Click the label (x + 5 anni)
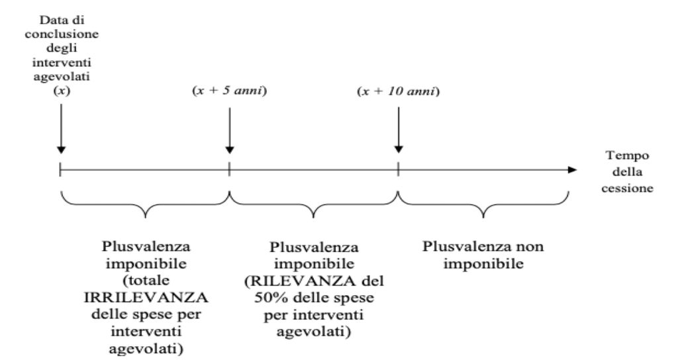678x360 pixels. click(229, 91)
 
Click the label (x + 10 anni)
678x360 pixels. click(398, 91)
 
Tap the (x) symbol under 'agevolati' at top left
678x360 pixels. click(62, 91)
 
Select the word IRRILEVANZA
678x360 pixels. click(146, 297)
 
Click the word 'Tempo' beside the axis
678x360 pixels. click(627, 156)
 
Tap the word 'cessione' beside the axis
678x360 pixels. click(627, 189)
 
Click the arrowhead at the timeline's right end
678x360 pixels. click(572, 170)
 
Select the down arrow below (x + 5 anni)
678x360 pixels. click(230, 130)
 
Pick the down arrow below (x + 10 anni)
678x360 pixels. click(398, 130)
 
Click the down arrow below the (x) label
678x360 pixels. click(62, 128)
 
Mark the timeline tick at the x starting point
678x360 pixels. click(60, 169)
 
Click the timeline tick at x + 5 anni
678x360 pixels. click(229, 169)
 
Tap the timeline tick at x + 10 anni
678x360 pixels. click(398, 169)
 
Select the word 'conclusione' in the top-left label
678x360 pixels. click(62, 34)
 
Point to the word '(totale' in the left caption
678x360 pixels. click(146, 281)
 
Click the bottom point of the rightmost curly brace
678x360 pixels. click(483, 217)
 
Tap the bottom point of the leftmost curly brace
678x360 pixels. click(145, 217)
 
